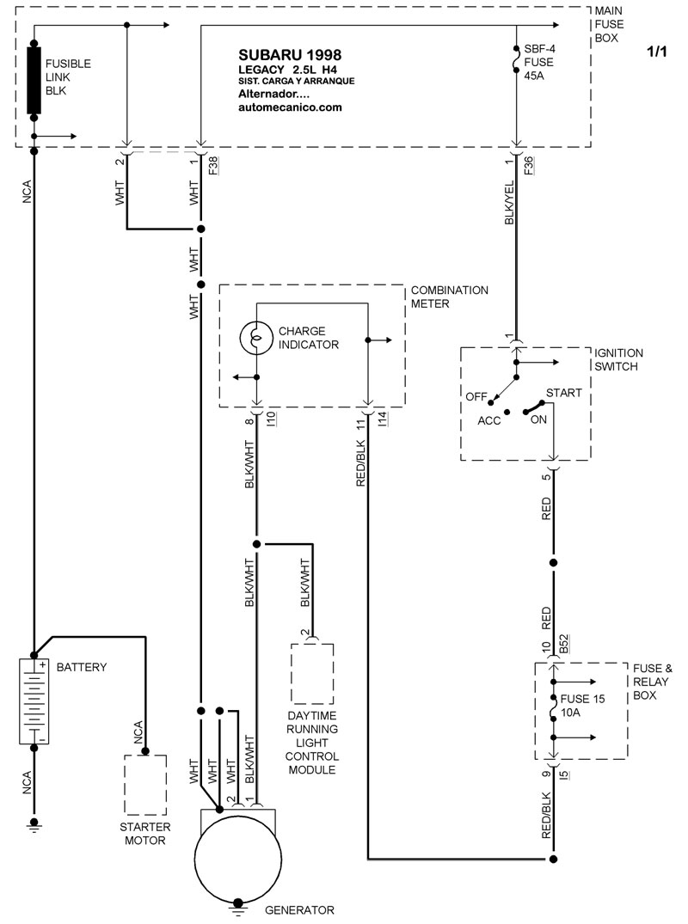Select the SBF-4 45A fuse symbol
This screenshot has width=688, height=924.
click(x=517, y=62)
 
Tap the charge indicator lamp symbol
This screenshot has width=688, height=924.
click(x=255, y=338)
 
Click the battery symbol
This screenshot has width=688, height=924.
click(x=34, y=701)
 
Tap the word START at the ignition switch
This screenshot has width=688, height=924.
click(x=563, y=393)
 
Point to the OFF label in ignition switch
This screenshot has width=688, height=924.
click(x=476, y=396)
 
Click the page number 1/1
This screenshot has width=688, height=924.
click(x=656, y=52)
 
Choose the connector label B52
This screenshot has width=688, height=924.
click(x=564, y=645)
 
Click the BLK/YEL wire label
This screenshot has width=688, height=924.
click(x=508, y=202)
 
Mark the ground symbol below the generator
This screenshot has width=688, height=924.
click(x=237, y=904)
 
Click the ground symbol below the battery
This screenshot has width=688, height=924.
click(x=34, y=825)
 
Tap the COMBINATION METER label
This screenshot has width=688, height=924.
click(x=449, y=296)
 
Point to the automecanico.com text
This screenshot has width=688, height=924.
click(x=290, y=107)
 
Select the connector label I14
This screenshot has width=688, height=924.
click(x=381, y=420)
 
